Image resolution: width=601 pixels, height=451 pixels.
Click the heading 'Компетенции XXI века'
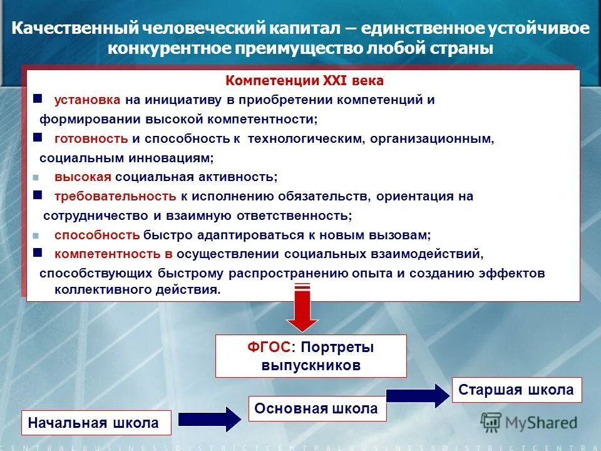pyautogui.click(x=304, y=81)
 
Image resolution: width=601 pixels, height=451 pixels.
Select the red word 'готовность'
pyautogui.click(x=91, y=138)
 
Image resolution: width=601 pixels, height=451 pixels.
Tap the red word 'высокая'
pyautogui.click(x=83, y=177)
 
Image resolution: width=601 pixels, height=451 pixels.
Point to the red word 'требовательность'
pyautogui.click(x=115, y=196)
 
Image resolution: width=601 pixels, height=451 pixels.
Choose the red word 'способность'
pyautogui.click(x=96, y=235)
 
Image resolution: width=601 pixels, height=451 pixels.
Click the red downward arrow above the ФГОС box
pyautogui.click(x=302, y=308)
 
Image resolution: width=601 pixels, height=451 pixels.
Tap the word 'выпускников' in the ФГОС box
pyautogui.click(x=311, y=365)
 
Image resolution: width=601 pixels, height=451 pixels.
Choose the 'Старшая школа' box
pyautogui.click(x=516, y=390)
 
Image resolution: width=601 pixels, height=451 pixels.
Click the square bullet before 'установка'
pyautogui.click(x=37, y=99)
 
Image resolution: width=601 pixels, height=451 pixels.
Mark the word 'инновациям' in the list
pyautogui.click(x=173, y=158)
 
